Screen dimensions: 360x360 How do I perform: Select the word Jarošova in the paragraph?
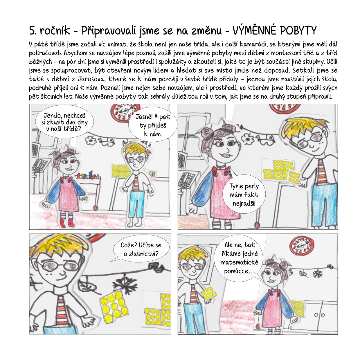pos(91,79)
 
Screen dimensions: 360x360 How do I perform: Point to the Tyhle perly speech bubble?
pos(244,194)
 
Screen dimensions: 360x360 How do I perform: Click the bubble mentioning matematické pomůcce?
pos(239,258)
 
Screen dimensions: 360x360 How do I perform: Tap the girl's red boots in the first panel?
pos(67,222)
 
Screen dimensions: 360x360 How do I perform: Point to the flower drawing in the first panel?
pos(91,140)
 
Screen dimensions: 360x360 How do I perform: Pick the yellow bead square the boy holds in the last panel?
pos(209,293)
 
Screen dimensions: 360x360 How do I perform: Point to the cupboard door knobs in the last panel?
pos(319,315)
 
